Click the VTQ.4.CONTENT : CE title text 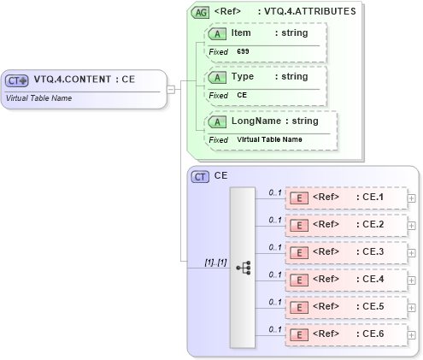coord(85,80)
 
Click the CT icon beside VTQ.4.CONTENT coord(17,80)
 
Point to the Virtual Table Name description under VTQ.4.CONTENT coord(38,97)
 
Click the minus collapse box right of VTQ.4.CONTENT coord(171,88)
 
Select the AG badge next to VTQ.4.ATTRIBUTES coord(200,12)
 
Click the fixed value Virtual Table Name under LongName coord(269,139)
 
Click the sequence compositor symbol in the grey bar coord(243,267)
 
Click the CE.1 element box coord(345,198)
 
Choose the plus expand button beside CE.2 coord(412,226)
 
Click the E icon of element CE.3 coord(299,253)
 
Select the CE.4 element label coord(373,280)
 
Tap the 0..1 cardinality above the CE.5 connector coord(275,302)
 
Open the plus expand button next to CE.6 coord(412,335)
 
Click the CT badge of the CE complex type coord(200,176)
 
